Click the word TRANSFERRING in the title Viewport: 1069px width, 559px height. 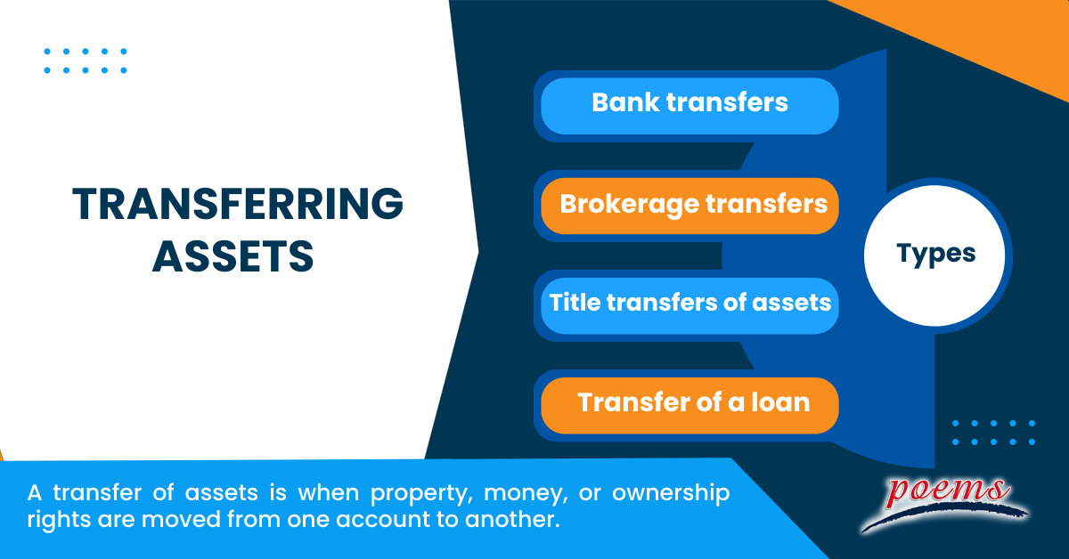pos(238,204)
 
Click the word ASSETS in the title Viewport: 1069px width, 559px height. pos(233,256)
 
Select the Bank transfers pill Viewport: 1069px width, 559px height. pos(690,106)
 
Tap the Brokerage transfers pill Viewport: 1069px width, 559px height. pos(690,206)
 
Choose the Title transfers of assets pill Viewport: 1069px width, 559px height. pos(690,305)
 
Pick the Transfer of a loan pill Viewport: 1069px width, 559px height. pos(690,405)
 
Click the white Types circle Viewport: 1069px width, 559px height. pos(934,255)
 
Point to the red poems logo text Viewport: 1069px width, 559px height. pos(947,492)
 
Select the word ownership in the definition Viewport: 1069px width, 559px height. pos(671,494)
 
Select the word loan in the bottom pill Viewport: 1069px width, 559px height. pos(780,401)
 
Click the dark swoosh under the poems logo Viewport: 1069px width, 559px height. pos(945,517)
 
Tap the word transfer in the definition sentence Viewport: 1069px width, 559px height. pos(97,493)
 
